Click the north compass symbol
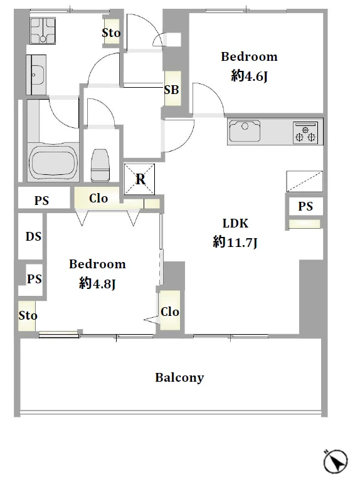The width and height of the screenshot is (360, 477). coord(336,462)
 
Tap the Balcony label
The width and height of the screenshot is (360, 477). coord(179,377)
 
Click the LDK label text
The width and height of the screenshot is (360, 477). coord(235,223)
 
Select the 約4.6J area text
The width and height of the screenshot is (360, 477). coord(249,75)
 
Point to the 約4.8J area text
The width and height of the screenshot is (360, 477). coord(97,283)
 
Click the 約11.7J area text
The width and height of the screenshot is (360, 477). coord(235,243)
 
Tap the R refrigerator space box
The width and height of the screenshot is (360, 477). coord(140,179)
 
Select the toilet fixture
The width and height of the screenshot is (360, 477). coord(100,165)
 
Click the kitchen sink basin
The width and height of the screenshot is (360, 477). coord(245,131)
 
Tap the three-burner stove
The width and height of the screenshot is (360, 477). coord(305,132)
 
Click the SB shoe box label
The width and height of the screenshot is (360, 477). coord(172,90)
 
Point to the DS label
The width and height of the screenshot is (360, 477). coord(33,236)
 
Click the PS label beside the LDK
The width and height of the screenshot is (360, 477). coord(305,206)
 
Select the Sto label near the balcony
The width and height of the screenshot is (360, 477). coord(28,315)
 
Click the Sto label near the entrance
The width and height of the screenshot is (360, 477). coord(111,33)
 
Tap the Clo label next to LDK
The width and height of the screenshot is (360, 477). coord(170,312)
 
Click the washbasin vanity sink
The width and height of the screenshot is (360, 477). coord(36,75)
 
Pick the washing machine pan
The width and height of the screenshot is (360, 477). coord(43,31)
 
